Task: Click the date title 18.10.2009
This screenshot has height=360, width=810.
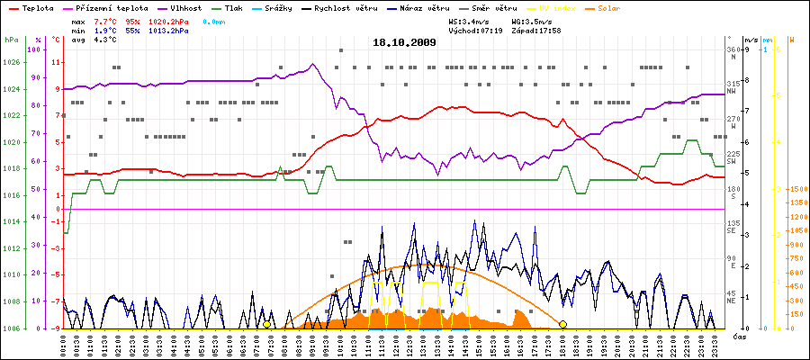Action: tap(404, 42)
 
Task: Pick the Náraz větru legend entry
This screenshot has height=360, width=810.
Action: tap(433, 7)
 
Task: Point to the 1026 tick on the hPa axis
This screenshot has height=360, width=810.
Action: tap(11, 62)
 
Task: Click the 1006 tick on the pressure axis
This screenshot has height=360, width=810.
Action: tap(11, 328)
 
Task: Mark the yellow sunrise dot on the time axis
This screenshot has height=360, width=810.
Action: tap(266, 324)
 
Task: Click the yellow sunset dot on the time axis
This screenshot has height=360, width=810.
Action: tap(562, 324)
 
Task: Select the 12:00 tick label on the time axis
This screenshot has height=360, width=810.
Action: tap(396, 344)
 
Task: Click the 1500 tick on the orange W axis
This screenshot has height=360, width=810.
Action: tap(797, 189)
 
